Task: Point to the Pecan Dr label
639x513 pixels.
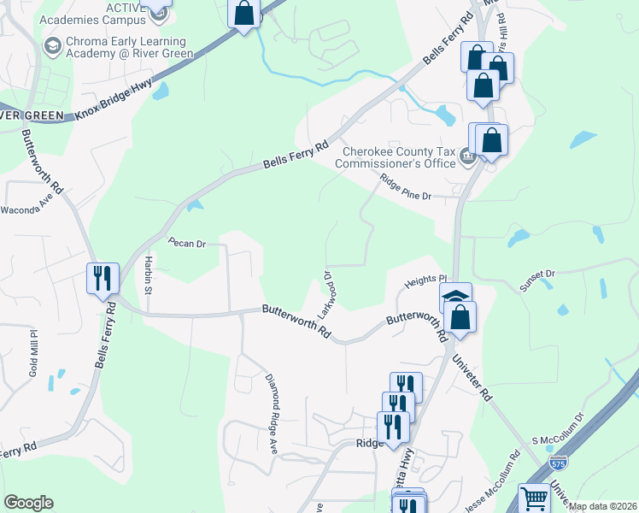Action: (187, 244)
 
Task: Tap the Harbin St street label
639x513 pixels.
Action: (148, 274)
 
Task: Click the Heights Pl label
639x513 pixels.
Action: (425, 280)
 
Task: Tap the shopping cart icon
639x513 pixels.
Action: (535, 498)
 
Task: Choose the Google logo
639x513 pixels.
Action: (28, 503)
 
